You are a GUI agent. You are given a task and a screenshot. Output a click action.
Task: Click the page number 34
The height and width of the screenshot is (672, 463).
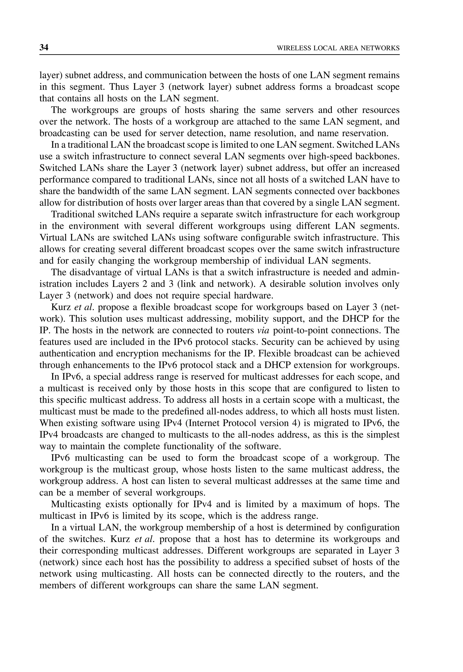(x=44, y=47)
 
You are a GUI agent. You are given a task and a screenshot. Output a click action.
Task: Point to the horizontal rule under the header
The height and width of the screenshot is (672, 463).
(x=219, y=54)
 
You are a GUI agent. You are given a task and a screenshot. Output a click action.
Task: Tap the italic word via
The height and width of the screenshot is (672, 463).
(x=263, y=331)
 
